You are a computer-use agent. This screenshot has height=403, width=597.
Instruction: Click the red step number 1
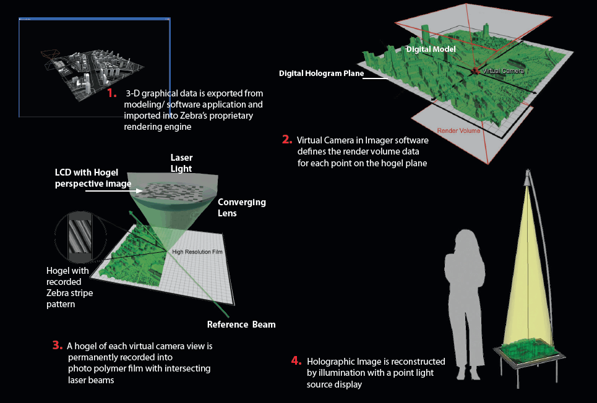coord(111,93)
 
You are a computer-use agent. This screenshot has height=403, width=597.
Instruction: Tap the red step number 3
coord(58,345)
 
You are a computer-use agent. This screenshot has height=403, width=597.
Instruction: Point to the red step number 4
coord(296,360)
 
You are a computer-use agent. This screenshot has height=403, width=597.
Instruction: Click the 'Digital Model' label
coord(431,49)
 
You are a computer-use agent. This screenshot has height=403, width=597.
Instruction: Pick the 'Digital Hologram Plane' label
coord(320,73)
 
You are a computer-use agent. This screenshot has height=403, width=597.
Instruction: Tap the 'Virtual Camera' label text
coord(502,71)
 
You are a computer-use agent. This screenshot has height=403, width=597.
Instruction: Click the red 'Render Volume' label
coord(460,131)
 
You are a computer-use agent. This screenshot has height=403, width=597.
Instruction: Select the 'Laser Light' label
coord(181,163)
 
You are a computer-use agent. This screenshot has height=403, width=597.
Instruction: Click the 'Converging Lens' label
coord(242,207)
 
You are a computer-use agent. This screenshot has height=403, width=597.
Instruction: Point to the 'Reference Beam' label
coord(241,325)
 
